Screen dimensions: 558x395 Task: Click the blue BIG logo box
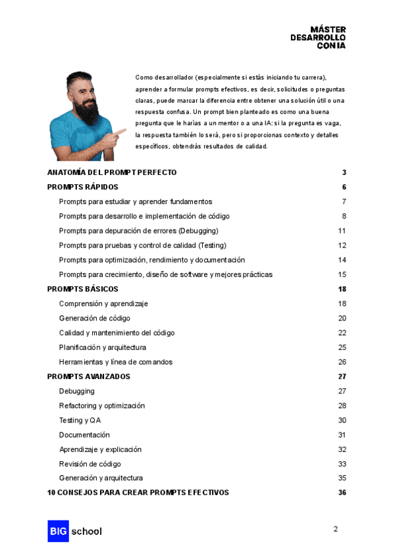58,531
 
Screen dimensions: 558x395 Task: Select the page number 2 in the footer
336,529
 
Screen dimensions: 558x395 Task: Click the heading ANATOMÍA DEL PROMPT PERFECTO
112,172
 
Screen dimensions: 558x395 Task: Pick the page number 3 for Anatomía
344,172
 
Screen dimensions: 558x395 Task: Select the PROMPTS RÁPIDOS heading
83,187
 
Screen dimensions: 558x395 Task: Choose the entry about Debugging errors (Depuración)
138,231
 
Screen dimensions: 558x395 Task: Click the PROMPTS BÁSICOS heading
83,289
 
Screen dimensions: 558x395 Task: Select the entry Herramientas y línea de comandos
116,362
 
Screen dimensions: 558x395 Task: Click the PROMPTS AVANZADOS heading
89,376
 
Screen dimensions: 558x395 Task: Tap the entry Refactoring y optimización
101,406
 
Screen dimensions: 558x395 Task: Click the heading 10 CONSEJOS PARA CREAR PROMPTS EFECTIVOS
138,492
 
